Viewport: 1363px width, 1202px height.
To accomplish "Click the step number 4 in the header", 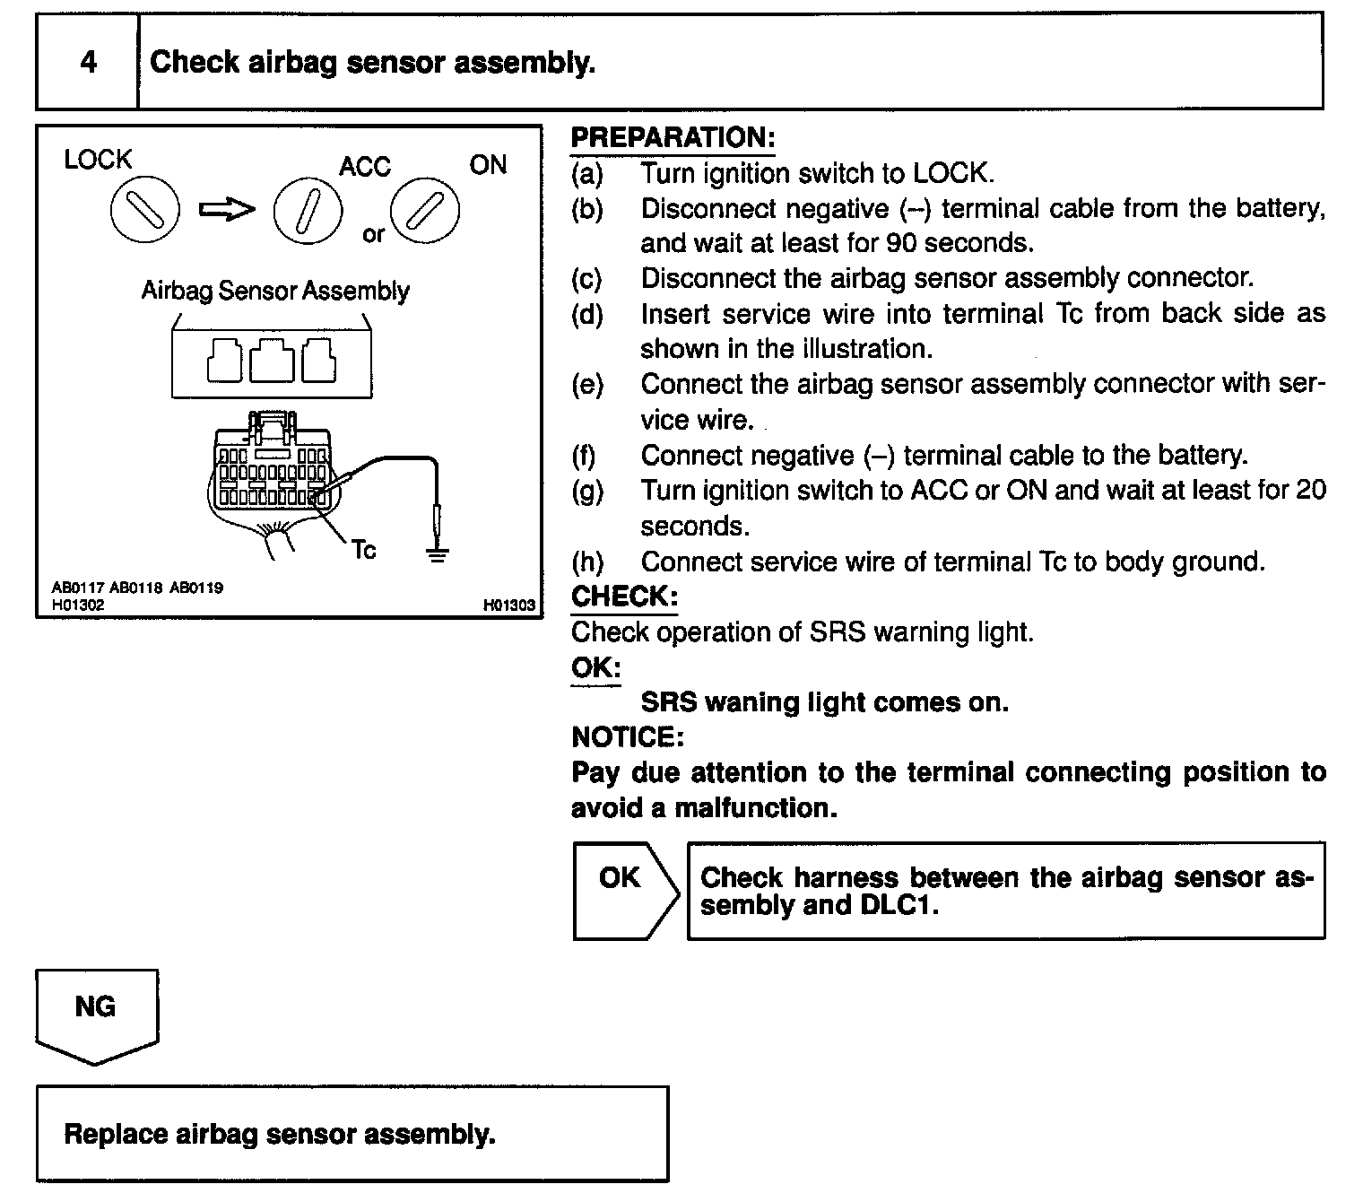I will (88, 62).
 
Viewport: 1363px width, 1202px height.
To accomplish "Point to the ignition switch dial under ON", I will (425, 212).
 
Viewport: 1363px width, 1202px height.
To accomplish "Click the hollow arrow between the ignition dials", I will (226, 210).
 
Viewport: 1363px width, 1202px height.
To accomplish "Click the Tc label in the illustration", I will (364, 549).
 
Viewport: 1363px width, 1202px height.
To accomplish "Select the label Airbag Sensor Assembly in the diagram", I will (275, 291).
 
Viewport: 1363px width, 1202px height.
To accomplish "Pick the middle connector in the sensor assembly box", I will (272, 361).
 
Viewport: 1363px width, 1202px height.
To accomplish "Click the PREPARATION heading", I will (673, 138).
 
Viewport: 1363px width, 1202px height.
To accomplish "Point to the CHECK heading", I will (624, 597).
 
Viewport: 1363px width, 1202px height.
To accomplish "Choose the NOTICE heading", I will (628, 737).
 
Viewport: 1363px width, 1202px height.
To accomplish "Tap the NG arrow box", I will (96, 1011).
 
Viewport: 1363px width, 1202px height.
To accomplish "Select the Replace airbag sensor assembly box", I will (352, 1134).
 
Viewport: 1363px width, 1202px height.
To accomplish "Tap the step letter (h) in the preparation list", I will (587, 562).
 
